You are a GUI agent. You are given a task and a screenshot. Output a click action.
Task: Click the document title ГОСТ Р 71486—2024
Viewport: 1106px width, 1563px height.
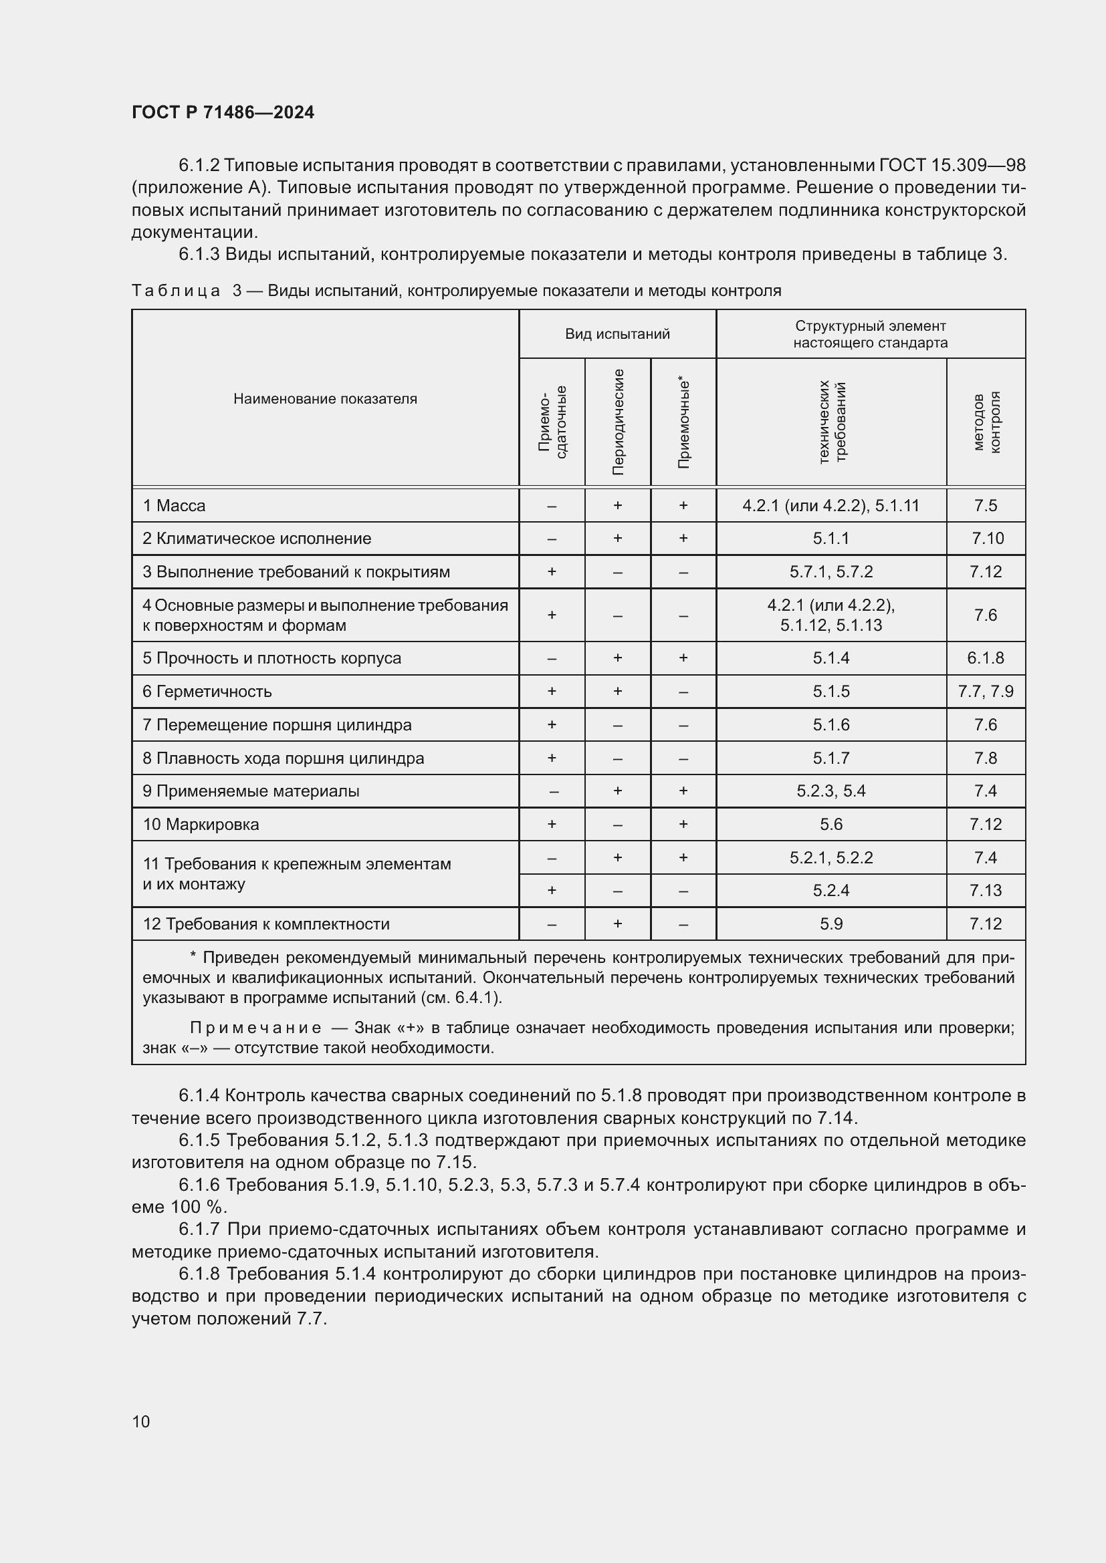coord(223,112)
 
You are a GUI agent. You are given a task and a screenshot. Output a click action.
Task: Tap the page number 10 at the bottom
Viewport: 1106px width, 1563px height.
coord(141,1421)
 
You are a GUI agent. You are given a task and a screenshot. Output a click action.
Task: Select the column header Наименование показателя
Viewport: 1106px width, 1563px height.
coord(325,399)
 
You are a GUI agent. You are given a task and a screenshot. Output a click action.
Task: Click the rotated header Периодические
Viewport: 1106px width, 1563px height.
coord(618,422)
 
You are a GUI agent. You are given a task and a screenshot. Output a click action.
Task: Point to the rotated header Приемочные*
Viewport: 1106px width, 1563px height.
coord(683,422)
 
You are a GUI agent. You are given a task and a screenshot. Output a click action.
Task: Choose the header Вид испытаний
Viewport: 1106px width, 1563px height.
coord(617,333)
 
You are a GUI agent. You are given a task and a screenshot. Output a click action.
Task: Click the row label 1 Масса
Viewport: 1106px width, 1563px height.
coord(175,506)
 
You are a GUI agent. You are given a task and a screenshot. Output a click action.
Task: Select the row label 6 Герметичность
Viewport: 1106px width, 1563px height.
coord(207,692)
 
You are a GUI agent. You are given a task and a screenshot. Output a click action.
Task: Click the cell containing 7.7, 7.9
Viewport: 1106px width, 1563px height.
coord(985,692)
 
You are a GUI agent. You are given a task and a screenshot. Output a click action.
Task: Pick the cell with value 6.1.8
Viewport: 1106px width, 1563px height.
coord(985,658)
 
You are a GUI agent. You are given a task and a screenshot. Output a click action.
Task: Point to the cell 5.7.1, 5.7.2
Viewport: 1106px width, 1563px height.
coord(831,572)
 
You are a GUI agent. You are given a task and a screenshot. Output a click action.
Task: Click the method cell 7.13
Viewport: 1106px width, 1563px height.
coord(985,890)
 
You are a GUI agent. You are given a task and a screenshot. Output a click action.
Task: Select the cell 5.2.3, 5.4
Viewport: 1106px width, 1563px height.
coord(831,791)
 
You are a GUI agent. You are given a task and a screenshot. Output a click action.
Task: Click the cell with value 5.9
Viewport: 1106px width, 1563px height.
coord(831,923)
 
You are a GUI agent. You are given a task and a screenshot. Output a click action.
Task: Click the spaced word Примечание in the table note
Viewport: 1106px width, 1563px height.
coord(255,1028)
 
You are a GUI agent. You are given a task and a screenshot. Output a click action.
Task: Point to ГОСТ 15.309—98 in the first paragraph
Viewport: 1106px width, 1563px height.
coord(952,166)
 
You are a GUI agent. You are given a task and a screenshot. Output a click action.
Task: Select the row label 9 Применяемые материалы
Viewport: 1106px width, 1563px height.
coord(251,791)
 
